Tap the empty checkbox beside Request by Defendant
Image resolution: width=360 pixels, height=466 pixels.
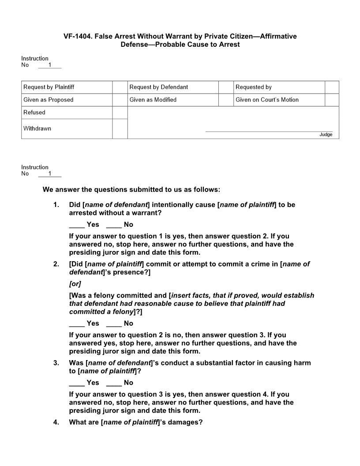pyautogui.click(x=226, y=87)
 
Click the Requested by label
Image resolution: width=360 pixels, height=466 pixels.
pyautogui.click(x=253, y=87)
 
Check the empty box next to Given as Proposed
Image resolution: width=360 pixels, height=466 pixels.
pyautogui.click(x=120, y=100)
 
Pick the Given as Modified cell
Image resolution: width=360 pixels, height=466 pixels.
pyautogui.click(x=153, y=100)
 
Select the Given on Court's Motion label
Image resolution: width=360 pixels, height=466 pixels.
pyautogui.click(x=267, y=100)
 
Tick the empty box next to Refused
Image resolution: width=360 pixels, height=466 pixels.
pyautogui.click(x=120, y=113)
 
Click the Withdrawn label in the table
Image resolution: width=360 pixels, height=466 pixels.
pyautogui.click(x=37, y=128)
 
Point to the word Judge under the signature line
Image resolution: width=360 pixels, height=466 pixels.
pyautogui.click(x=326, y=135)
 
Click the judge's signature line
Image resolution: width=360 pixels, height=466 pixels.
pyautogui.click(x=269, y=131)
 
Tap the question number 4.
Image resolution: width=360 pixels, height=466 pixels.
pyautogui.click(x=56, y=422)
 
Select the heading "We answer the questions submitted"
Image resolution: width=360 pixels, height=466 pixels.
pyautogui.click(x=131, y=190)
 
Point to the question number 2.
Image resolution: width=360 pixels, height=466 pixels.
pyautogui.click(x=56, y=264)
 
